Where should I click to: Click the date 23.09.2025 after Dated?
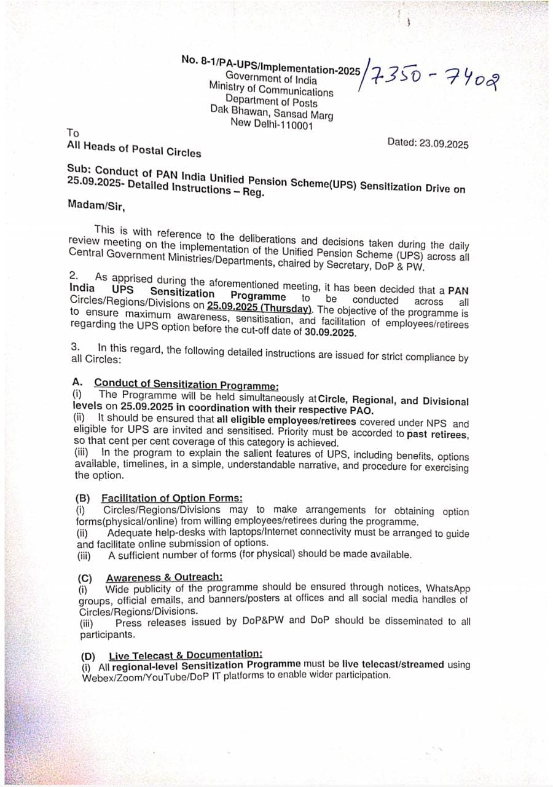444,144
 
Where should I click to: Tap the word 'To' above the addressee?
73,132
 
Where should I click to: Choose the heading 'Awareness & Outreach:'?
164,577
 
